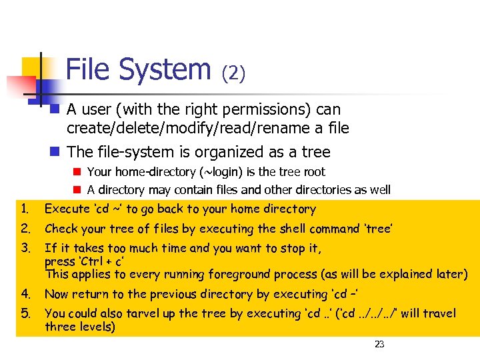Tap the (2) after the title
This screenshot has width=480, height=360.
233,72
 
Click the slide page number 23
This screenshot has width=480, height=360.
379,344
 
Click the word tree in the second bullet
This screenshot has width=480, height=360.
315,152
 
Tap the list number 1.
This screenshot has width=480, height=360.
25,209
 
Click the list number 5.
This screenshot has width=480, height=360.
25,313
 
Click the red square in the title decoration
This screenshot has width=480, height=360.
19,86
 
